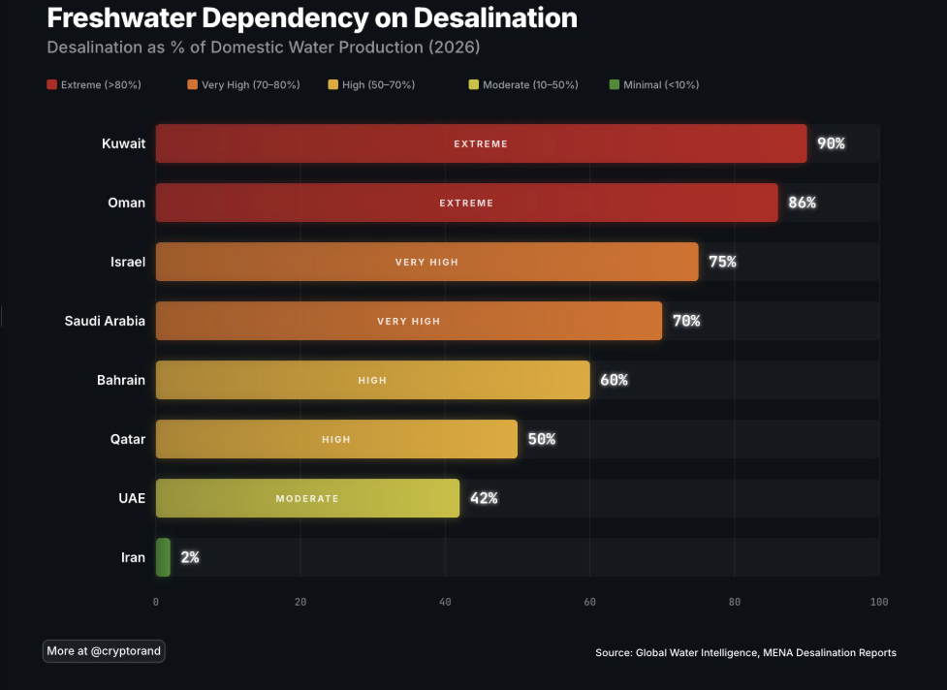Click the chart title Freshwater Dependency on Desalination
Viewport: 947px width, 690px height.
[311, 17]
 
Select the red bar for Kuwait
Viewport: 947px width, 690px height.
[481, 143]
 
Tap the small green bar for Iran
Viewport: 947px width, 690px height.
[163, 557]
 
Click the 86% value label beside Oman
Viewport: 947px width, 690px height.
[802, 203]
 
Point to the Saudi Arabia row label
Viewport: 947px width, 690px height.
[105, 321]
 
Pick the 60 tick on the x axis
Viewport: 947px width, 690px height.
[589, 602]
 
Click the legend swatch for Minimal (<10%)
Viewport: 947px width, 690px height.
[614, 85]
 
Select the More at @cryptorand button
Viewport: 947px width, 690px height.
[104, 651]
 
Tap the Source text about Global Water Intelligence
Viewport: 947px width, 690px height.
[745, 653]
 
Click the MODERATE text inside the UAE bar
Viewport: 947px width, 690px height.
[307, 498]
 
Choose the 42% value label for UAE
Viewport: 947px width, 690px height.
[484, 498]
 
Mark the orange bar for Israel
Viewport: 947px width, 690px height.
[426, 262]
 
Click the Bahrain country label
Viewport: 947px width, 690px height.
[121, 380]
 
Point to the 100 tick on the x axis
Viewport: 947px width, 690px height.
[878, 602]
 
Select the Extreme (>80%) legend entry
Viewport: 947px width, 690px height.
[94, 85]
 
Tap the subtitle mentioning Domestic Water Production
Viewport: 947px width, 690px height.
[264, 47]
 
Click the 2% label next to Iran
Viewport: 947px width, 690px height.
[190, 557]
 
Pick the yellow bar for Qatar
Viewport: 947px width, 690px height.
[336, 439]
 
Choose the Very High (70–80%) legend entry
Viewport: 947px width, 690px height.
[243, 85]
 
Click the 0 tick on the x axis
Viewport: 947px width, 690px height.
[156, 602]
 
